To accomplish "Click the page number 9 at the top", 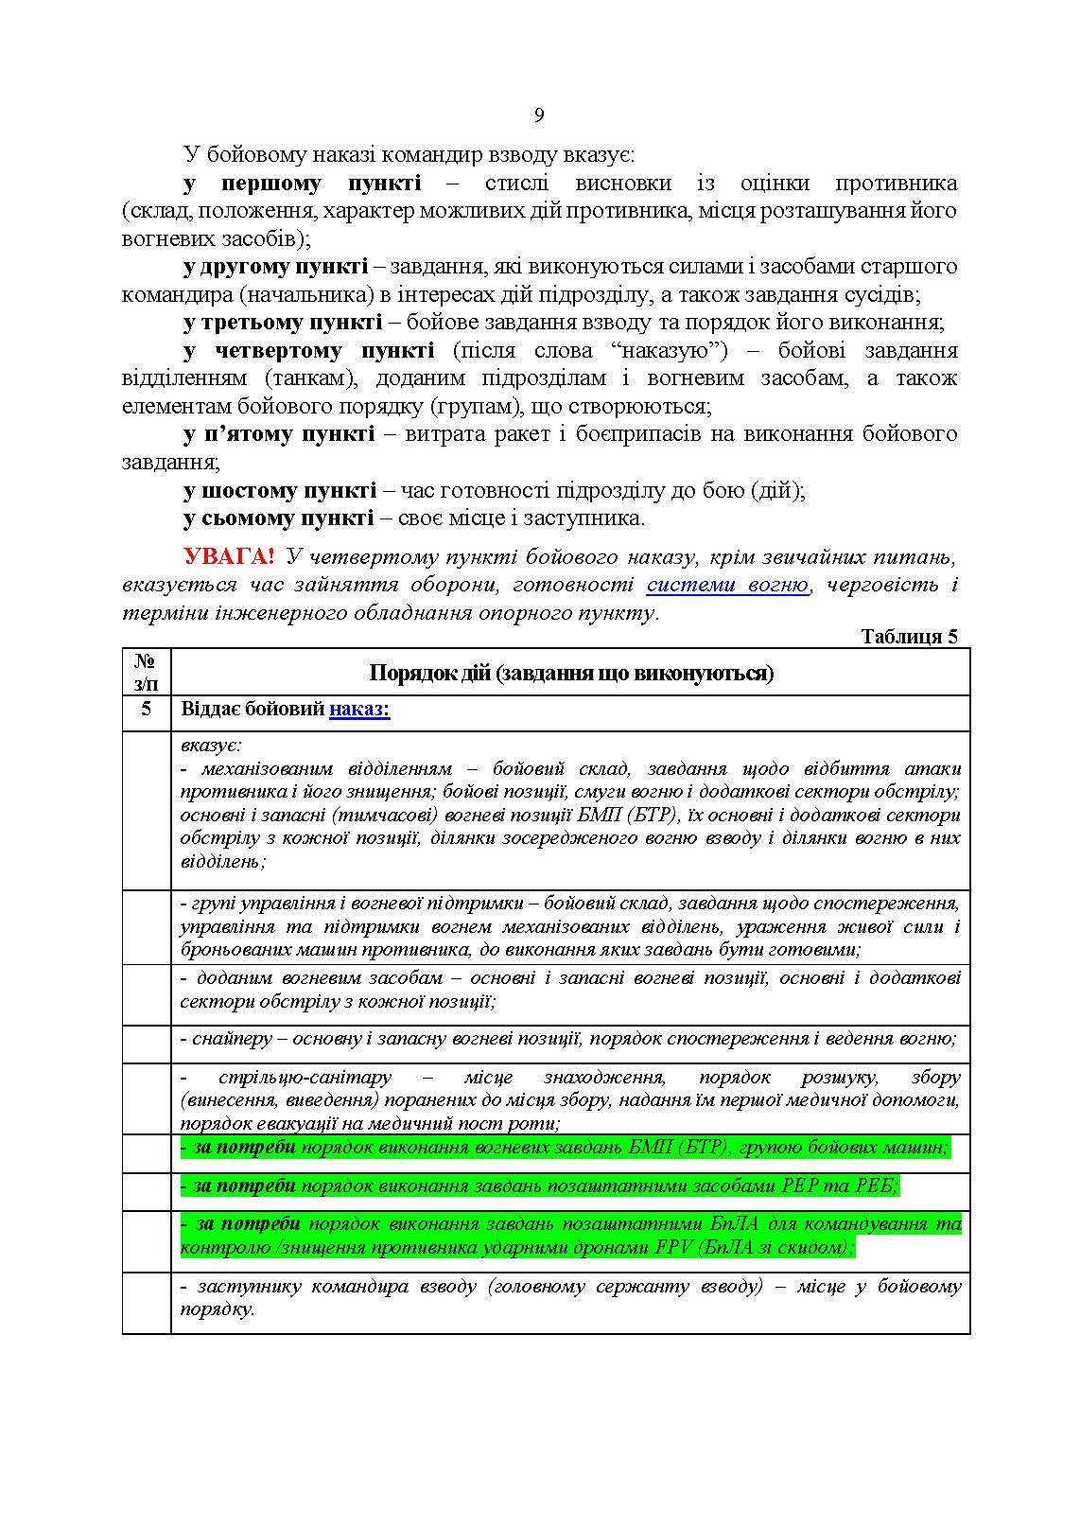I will pos(539,115).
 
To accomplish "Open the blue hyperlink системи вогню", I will pos(727,585).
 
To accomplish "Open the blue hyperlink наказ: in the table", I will pos(359,709).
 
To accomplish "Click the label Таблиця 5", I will pos(910,637).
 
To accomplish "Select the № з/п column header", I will pos(146,671).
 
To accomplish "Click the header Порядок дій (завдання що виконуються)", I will pos(570,673).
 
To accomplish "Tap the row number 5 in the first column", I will pos(146,709).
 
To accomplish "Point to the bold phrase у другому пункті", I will pos(276,266).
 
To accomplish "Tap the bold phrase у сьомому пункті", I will pos(278,518).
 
